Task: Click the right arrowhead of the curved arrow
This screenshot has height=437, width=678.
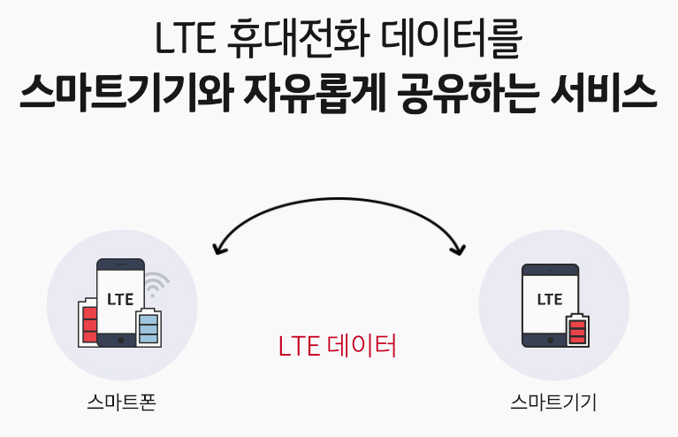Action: click(x=458, y=249)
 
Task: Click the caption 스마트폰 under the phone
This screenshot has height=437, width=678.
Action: click(x=122, y=403)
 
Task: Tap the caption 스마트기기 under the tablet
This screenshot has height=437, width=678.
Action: click(x=554, y=403)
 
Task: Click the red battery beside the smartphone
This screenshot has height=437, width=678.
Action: click(x=88, y=322)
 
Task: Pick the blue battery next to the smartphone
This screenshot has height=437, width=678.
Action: click(x=148, y=327)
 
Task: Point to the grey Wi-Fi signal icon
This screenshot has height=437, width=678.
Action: click(x=157, y=282)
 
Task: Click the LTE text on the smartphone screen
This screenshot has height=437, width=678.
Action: click(x=120, y=299)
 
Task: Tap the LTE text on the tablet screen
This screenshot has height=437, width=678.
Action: click(x=549, y=299)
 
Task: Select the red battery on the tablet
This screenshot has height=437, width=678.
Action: click(x=577, y=331)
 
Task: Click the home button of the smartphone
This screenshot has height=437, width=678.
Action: click(x=120, y=338)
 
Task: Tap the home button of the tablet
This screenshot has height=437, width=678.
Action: click(x=549, y=338)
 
